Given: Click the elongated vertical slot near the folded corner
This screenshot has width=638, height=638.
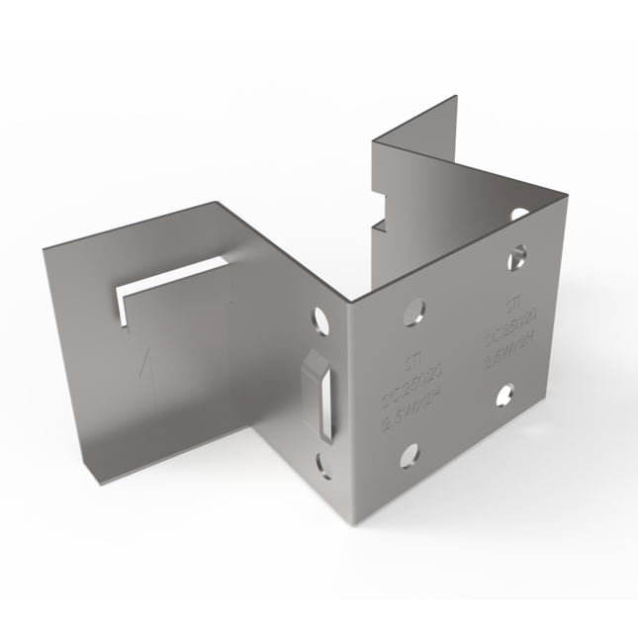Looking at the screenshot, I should click(320, 393).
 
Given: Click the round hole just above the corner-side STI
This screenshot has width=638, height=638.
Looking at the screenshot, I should click(414, 313).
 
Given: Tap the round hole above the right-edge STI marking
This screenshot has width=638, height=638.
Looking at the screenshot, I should click(516, 259).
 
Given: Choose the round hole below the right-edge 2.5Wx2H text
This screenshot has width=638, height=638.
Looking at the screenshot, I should click(503, 394).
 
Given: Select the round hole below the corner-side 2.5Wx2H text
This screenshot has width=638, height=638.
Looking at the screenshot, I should click(409, 455).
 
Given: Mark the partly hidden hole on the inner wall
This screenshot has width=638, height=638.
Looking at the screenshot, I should click(518, 213).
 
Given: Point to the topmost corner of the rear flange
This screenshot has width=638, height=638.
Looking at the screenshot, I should click(456, 96).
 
